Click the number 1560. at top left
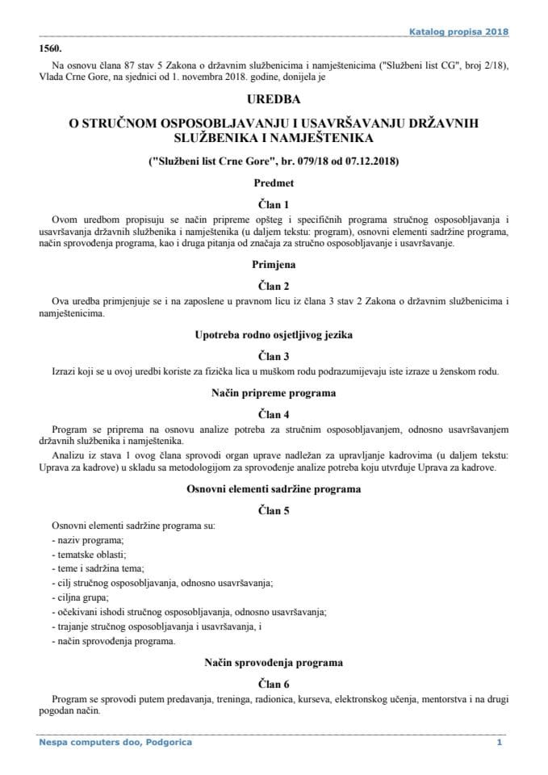pos(51,48)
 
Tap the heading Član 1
pos(274,205)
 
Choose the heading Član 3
pos(274,355)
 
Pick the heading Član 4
pos(274,413)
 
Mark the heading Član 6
pos(274,682)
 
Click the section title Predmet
pos(274,185)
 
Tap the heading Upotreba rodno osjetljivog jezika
pos(274,334)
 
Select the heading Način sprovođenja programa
pos(274,662)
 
